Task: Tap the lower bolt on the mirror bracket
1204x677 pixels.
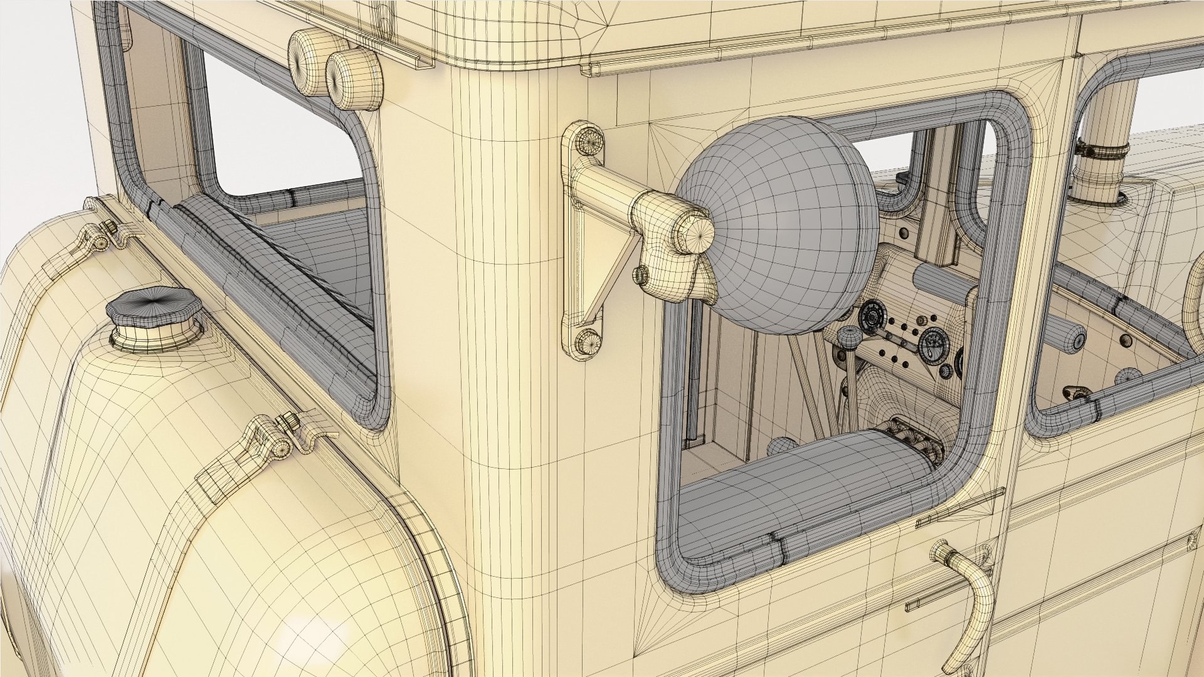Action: (585, 342)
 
